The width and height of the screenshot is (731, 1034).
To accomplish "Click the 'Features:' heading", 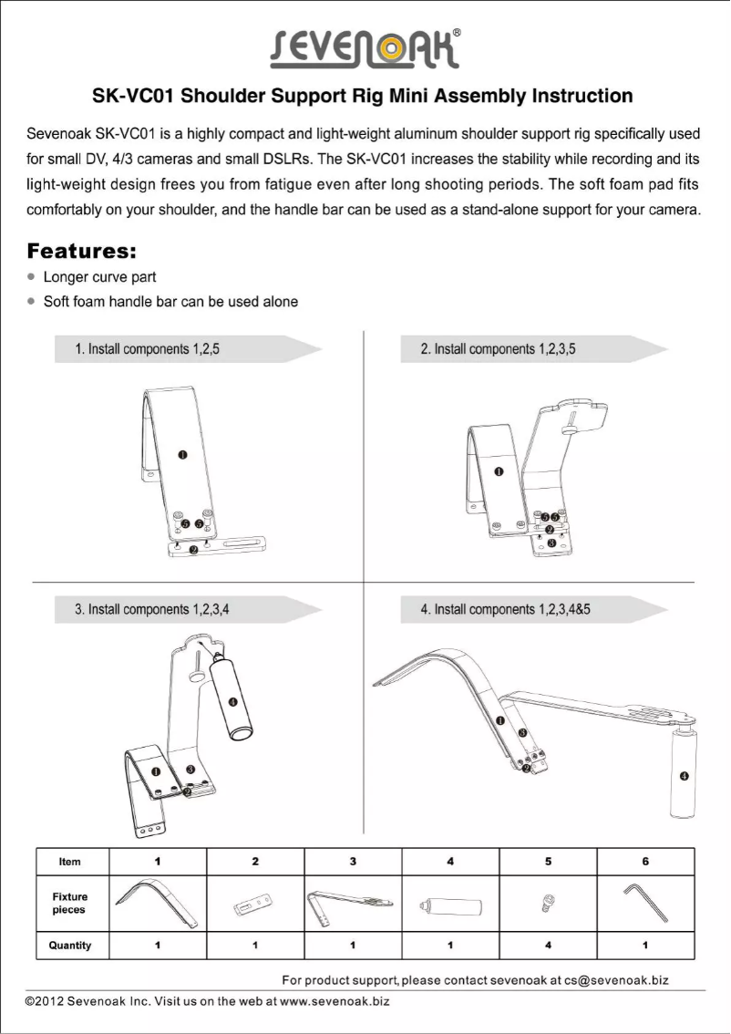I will click(x=82, y=249).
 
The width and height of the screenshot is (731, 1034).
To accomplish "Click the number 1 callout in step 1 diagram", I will click(x=182, y=454).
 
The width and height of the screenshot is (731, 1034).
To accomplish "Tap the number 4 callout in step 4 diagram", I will click(x=684, y=775).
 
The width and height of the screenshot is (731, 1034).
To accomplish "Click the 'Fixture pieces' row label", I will click(x=70, y=904).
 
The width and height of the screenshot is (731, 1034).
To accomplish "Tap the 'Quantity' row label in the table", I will click(x=70, y=946).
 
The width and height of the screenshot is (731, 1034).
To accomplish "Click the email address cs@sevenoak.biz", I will click(x=616, y=980).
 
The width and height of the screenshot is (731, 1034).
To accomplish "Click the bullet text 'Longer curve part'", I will click(x=100, y=276).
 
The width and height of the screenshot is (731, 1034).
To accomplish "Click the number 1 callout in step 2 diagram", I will click(x=499, y=471).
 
